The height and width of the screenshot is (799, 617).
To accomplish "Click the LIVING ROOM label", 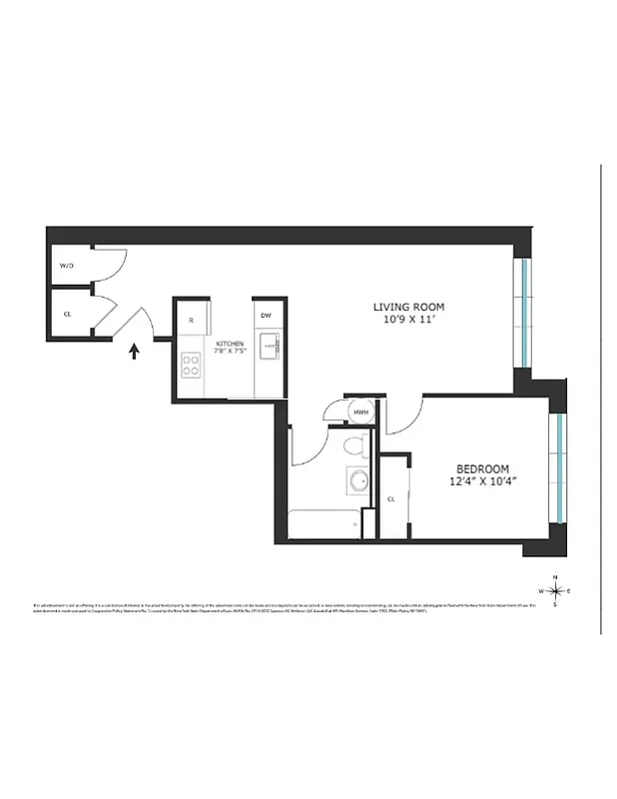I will pos(408,307).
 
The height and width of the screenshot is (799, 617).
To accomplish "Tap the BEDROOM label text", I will pos(483,468).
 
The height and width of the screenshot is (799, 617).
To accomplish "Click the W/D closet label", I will pos(67,267).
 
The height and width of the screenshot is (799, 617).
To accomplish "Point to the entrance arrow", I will pos(134,351).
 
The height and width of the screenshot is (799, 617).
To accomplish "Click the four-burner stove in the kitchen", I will pos(191,366).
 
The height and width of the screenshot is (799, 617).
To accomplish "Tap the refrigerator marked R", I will pos(191,321).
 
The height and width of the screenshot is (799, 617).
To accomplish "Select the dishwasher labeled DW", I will pos(266,317).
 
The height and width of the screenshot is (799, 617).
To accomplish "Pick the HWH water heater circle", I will pos(360,411).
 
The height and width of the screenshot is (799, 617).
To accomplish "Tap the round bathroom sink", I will pos(357,478).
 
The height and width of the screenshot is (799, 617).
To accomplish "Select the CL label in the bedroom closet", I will pos(391,498).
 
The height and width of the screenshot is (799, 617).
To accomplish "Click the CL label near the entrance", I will pos(67,313).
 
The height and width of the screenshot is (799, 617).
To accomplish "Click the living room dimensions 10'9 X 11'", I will pos(408,321).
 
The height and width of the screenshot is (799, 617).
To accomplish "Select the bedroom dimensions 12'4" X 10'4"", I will pos(483,482).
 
